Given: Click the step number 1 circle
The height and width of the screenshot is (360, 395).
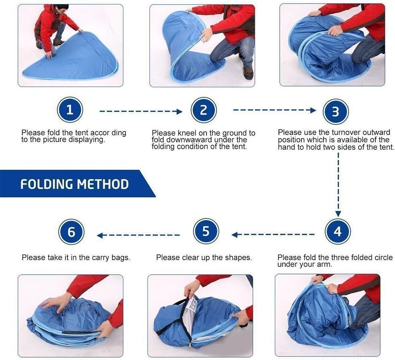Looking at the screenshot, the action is point(70,110).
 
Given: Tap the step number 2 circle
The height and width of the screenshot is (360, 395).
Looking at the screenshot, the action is point(204,110).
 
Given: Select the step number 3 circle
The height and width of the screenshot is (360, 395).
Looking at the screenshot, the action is point(336,111).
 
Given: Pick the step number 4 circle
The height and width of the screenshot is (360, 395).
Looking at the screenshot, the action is point(338,231).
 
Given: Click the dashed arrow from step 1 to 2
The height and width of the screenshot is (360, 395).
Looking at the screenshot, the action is point(141,111).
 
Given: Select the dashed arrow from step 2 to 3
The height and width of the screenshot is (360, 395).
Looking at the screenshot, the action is point(274,110).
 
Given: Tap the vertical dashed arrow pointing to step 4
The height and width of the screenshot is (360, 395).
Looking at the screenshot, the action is point(338,185).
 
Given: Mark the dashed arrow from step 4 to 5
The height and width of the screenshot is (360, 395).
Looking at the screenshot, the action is point(273,235).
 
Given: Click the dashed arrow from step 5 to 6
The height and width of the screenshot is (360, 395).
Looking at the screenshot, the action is point(138,235).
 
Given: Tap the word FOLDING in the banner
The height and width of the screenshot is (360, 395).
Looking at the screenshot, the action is point(47,184).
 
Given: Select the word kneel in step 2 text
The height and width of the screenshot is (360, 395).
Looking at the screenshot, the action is point(187,133).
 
